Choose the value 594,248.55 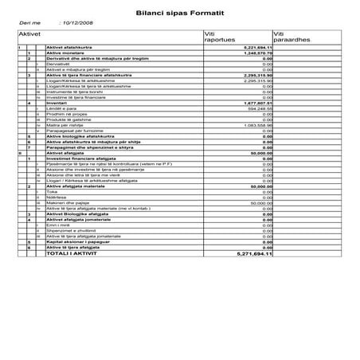pyautogui.click(x=258, y=108)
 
